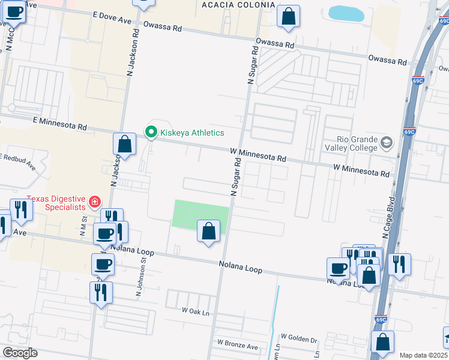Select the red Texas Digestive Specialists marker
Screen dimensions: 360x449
pos(94,202)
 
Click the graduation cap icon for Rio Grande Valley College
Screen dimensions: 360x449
pos(386,143)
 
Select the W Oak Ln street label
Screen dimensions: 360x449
pos(196,311)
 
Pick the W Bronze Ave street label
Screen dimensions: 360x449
pos(237,346)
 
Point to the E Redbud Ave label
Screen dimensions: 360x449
pos(18,162)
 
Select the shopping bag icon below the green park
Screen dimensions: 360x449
pos(208,231)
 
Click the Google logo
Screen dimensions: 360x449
pos(20,353)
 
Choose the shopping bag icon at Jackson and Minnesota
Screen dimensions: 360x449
pos(124,143)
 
